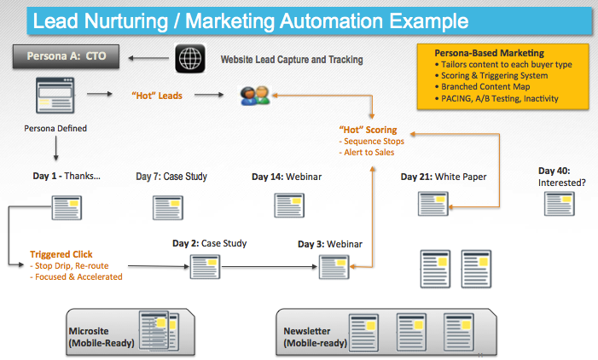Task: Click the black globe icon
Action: click(190, 58)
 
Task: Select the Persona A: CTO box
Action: click(66, 56)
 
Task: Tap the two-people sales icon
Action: click(255, 96)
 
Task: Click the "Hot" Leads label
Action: click(157, 96)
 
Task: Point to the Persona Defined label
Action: click(55, 129)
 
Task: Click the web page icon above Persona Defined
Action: click(55, 96)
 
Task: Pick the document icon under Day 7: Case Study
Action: click(168, 208)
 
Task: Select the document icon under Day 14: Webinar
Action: click(289, 206)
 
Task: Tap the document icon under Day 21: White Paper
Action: click(433, 204)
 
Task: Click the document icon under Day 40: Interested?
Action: click(560, 204)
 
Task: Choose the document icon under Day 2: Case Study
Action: click(206, 266)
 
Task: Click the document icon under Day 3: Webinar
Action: click(334, 267)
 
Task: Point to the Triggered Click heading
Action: click(61, 254)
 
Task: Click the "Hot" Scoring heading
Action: click(368, 130)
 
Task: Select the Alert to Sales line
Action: click(367, 153)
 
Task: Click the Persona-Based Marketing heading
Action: click(490, 53)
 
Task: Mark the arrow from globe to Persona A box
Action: click(148, 58)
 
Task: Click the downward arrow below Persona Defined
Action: click(56, 148)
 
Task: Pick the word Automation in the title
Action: click(331, 21)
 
